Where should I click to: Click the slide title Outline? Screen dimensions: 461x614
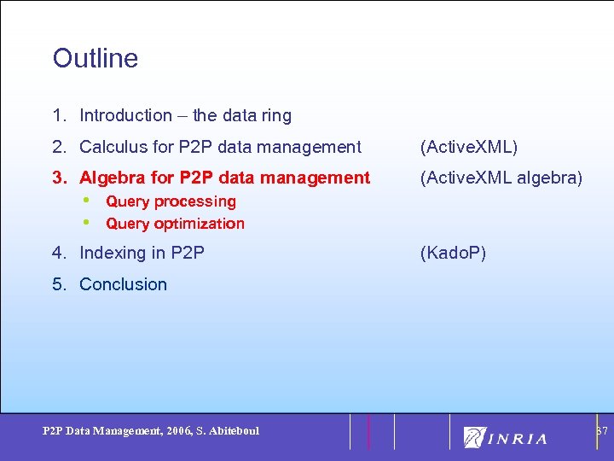95,58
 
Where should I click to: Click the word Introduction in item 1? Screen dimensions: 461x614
125,115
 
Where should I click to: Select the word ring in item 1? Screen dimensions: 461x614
275,115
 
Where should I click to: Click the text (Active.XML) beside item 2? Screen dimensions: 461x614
468,147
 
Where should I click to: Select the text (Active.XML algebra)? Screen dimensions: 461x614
501,178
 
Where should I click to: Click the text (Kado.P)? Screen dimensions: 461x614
453,253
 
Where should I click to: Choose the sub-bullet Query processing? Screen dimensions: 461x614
171,201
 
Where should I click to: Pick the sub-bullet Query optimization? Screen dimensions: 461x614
175,224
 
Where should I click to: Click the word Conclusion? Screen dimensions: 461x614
123,284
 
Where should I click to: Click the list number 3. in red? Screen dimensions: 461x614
60,178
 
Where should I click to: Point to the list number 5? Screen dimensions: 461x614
59,284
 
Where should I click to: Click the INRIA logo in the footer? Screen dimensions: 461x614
506,437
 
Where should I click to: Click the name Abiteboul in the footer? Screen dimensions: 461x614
233,431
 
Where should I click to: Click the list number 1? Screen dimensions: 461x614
59,115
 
